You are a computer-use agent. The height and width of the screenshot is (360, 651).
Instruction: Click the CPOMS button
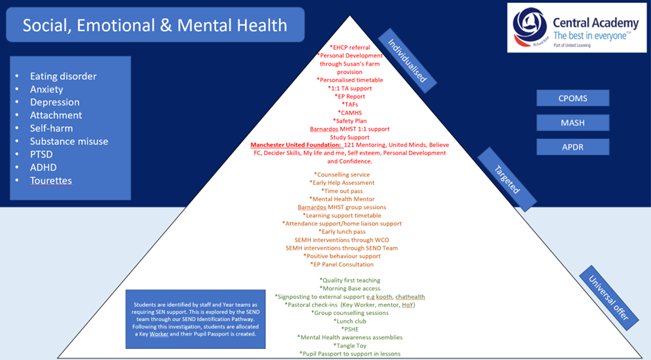(572, 98)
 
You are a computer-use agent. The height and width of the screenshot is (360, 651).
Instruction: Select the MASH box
(572, 123)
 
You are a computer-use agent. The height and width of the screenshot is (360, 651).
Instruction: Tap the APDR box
(572, 147)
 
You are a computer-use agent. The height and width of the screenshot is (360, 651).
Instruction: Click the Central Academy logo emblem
(530, 28)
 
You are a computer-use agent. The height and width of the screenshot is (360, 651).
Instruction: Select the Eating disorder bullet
(63, 76)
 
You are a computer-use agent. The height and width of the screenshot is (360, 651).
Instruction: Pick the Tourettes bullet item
(51, 181)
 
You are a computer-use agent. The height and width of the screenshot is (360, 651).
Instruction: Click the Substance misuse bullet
(69, 141)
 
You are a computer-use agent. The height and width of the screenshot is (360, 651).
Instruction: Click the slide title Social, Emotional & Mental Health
(154, 26)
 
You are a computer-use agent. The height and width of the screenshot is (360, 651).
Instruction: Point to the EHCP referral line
(350, 47)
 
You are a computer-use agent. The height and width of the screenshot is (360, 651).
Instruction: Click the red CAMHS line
(350, 112)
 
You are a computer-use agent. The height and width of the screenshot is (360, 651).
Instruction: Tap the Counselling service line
(341, 174)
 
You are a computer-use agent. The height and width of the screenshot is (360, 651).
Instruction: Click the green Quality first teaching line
(350, 280)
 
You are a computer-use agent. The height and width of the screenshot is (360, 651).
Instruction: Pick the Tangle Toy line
(350, 345)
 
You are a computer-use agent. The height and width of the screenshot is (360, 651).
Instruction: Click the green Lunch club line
(350, 321)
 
